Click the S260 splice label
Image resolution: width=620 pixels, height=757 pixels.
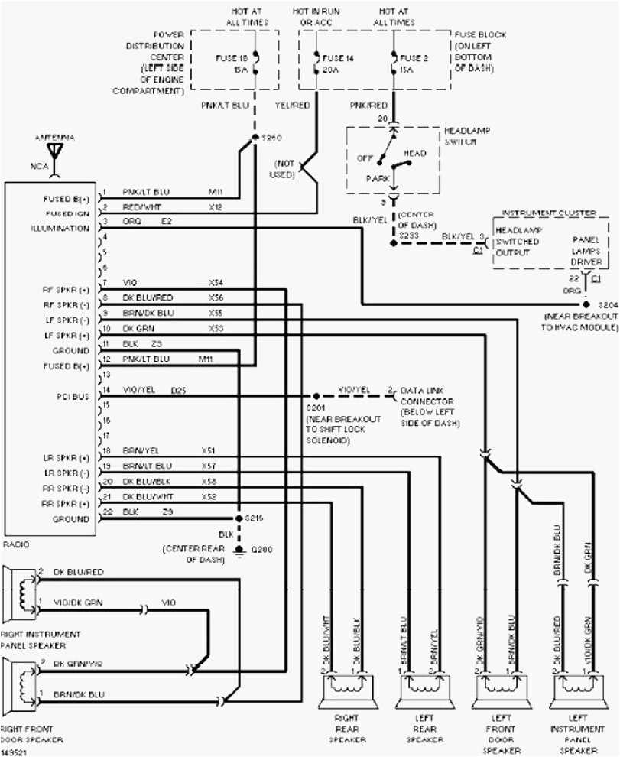271,138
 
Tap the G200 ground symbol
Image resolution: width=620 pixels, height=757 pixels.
240,550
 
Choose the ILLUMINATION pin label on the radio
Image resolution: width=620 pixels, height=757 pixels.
60,229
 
